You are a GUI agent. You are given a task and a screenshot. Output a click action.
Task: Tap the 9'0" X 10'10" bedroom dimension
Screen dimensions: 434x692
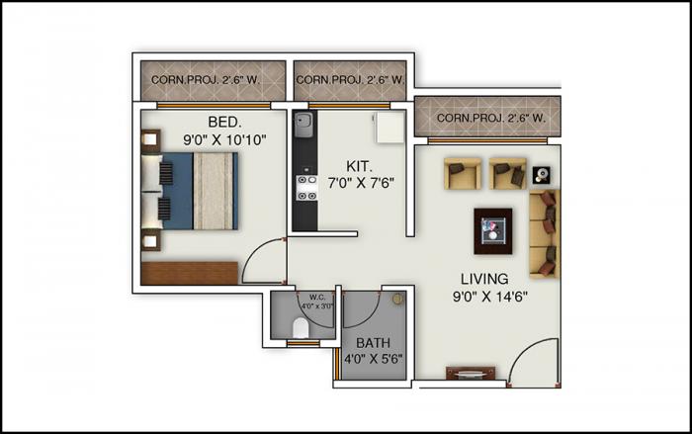[x=225, y=139]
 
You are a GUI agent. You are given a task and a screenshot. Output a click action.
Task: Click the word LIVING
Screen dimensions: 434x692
[x=484, y=278]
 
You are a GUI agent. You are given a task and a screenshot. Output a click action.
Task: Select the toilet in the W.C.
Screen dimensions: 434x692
[x=302, y=327]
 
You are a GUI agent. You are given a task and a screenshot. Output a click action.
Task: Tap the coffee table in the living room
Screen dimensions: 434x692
[x=492, y=229]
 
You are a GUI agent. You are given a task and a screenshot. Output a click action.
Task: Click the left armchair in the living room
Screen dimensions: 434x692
[x=462, y=173]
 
